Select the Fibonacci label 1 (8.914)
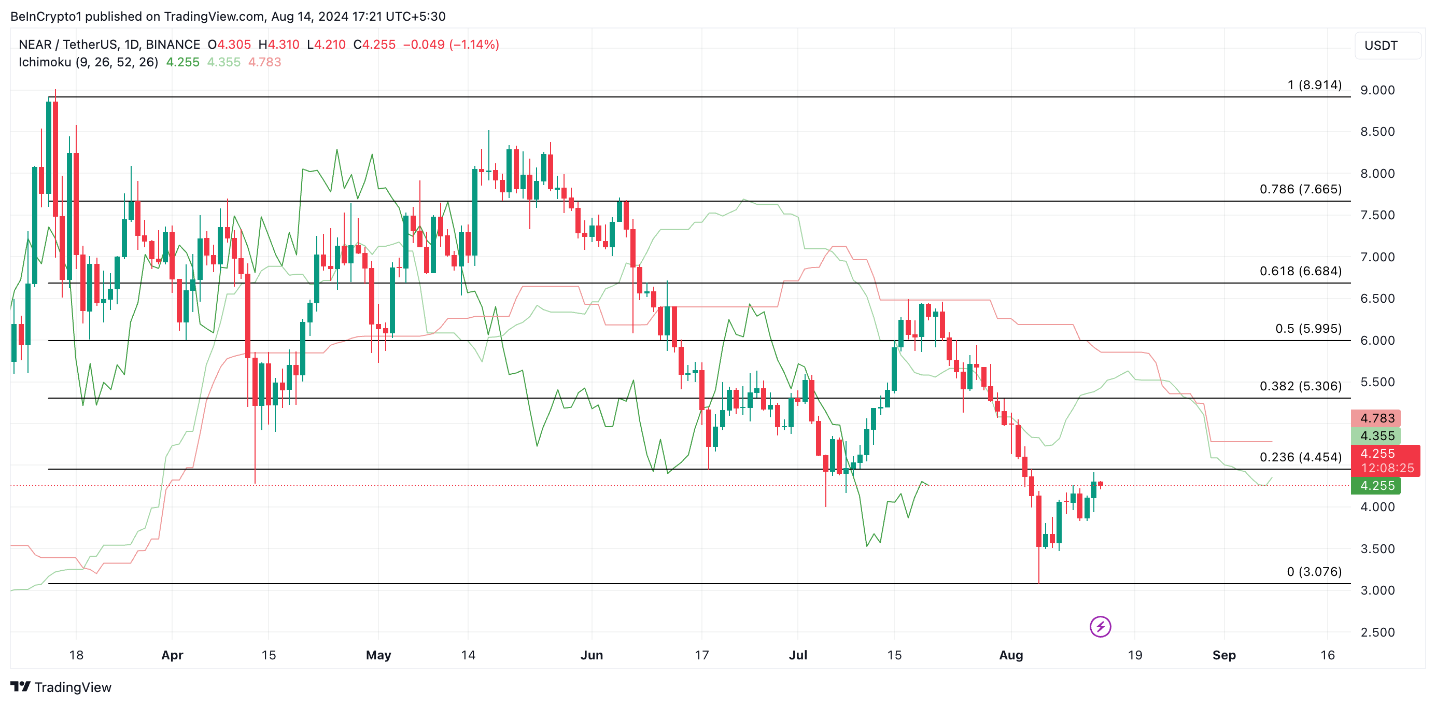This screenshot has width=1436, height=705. point(1314,84)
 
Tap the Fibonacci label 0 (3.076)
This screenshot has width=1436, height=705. point(1314,571)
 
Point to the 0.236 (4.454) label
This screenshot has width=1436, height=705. point(1300,457)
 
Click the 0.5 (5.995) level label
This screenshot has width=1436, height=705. point(1308,328)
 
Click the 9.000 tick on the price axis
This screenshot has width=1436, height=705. point(1377,90)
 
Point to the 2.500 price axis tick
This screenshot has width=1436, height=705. point(1377,632)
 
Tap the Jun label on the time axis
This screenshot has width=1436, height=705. point(592,655)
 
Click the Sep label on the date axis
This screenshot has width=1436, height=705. point(1223,655)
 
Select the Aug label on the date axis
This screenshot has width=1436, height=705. point(1011,655)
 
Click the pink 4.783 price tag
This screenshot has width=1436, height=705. point(1376,418)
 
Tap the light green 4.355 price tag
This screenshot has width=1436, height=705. point(1376,436)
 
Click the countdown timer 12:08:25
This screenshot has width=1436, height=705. point(1387,468)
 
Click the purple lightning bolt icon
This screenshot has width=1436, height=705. point(1100,626)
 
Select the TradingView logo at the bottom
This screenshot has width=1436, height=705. point(61,687)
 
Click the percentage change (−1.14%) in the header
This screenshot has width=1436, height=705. point(474,45)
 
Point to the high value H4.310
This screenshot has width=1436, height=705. point(279,45)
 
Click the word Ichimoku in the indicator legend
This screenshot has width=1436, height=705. point(45,62)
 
